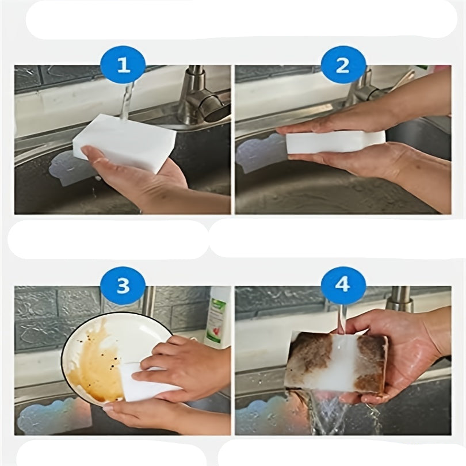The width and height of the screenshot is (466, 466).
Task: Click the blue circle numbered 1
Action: click(123, 66)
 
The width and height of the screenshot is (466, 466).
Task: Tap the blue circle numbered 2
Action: click(343, 66)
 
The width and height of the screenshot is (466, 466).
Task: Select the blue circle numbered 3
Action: click(123, 286)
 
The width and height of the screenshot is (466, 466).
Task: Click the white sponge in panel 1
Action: click(125, 143)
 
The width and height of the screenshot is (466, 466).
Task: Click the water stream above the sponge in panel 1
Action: click(127, 101)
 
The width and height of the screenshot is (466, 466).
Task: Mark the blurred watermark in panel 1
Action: click(73, 168)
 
